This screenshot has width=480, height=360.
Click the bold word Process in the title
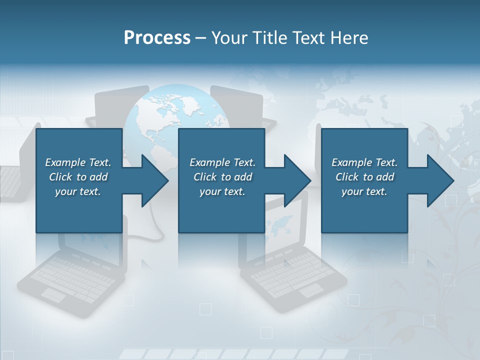(157, 38)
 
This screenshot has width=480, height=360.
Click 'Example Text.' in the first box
(78, 162)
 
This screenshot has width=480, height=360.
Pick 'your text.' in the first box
(78, 191)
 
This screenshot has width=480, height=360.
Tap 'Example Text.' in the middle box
(222, 162)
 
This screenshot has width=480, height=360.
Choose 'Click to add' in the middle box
(222, 177)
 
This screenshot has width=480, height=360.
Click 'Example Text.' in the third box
(364, 162)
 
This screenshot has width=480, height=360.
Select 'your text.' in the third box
(364, 191)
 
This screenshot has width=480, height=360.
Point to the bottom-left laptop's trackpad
(53, 295)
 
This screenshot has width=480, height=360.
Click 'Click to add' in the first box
(78, 177)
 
